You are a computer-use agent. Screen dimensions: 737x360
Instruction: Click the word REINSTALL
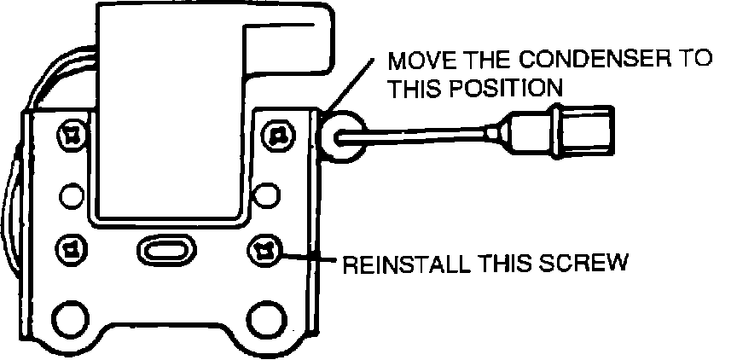point(400,263)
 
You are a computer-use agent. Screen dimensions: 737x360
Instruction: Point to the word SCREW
point(588,263)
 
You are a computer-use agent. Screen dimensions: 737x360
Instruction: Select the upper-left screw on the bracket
point(71,134)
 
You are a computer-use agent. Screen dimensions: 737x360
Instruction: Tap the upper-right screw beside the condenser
point(276,134)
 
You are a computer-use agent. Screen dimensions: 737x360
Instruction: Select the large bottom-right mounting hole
point(266,316)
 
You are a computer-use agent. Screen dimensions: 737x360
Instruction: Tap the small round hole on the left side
point(72,195)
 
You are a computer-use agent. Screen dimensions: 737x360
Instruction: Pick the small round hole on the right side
point(266,195)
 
